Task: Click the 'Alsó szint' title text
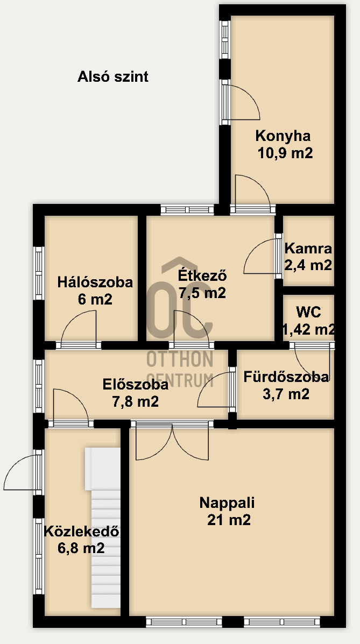113,77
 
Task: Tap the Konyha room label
283,136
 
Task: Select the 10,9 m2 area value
285,153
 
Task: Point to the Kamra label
308,249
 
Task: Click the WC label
309,312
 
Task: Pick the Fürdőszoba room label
286,377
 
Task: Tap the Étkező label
202,275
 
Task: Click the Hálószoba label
95,282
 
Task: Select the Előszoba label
135,385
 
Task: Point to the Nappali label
227,503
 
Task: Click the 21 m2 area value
229,520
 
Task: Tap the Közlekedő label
81,532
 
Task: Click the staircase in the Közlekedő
103,527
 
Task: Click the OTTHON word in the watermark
180,359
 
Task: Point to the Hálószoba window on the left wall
38,273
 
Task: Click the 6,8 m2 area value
81,548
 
